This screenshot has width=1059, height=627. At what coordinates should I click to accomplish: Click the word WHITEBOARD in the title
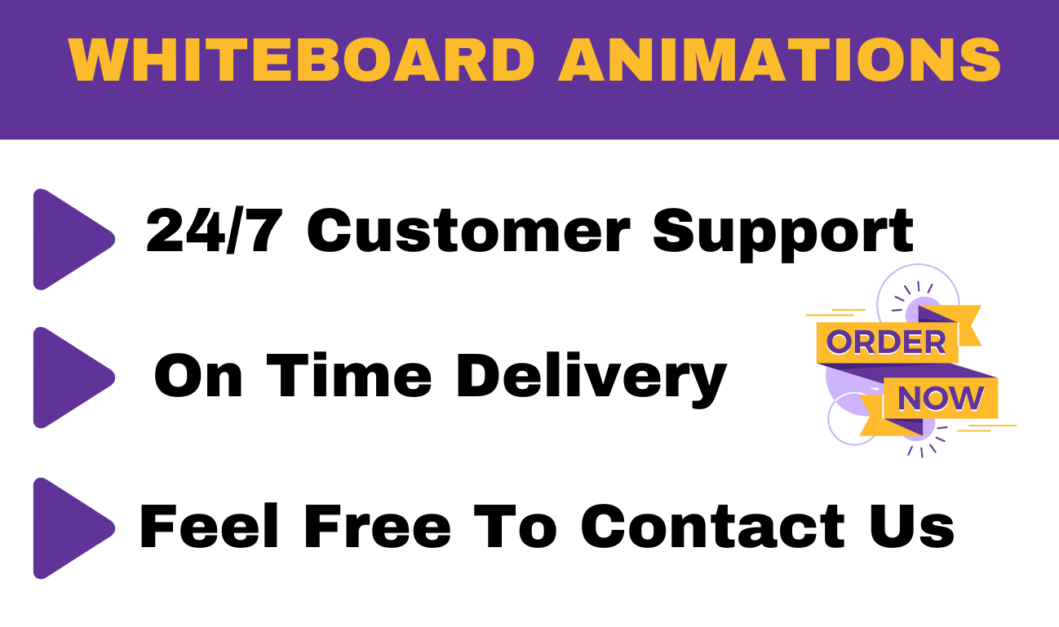301,59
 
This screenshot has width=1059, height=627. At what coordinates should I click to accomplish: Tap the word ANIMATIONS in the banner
779,59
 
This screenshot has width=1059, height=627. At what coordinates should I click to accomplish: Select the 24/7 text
213,231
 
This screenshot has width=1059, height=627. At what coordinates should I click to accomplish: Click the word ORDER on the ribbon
886,342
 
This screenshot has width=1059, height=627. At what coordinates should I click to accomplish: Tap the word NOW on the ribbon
940,400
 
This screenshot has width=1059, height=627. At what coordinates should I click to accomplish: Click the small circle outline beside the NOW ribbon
852,419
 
